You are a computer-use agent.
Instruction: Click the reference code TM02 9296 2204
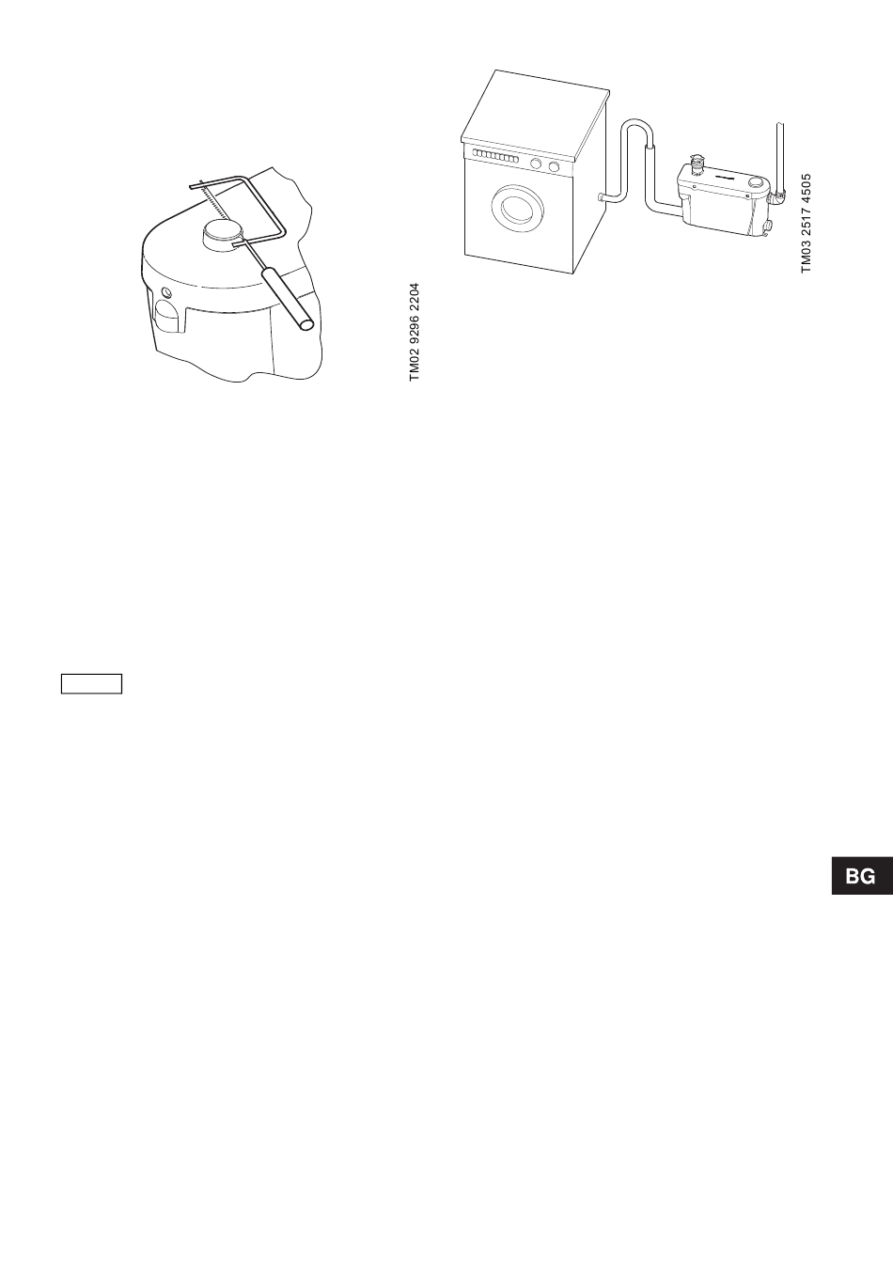(415, 332)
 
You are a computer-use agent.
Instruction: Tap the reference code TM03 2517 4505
(806, 222)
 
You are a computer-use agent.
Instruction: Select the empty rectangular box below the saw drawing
(92, 683)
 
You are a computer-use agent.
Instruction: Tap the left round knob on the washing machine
(536, 164)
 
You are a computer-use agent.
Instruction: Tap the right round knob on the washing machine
(555, 167)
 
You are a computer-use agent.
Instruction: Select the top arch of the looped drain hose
(636, 127)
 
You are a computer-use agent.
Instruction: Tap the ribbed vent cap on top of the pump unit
(697, 165)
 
